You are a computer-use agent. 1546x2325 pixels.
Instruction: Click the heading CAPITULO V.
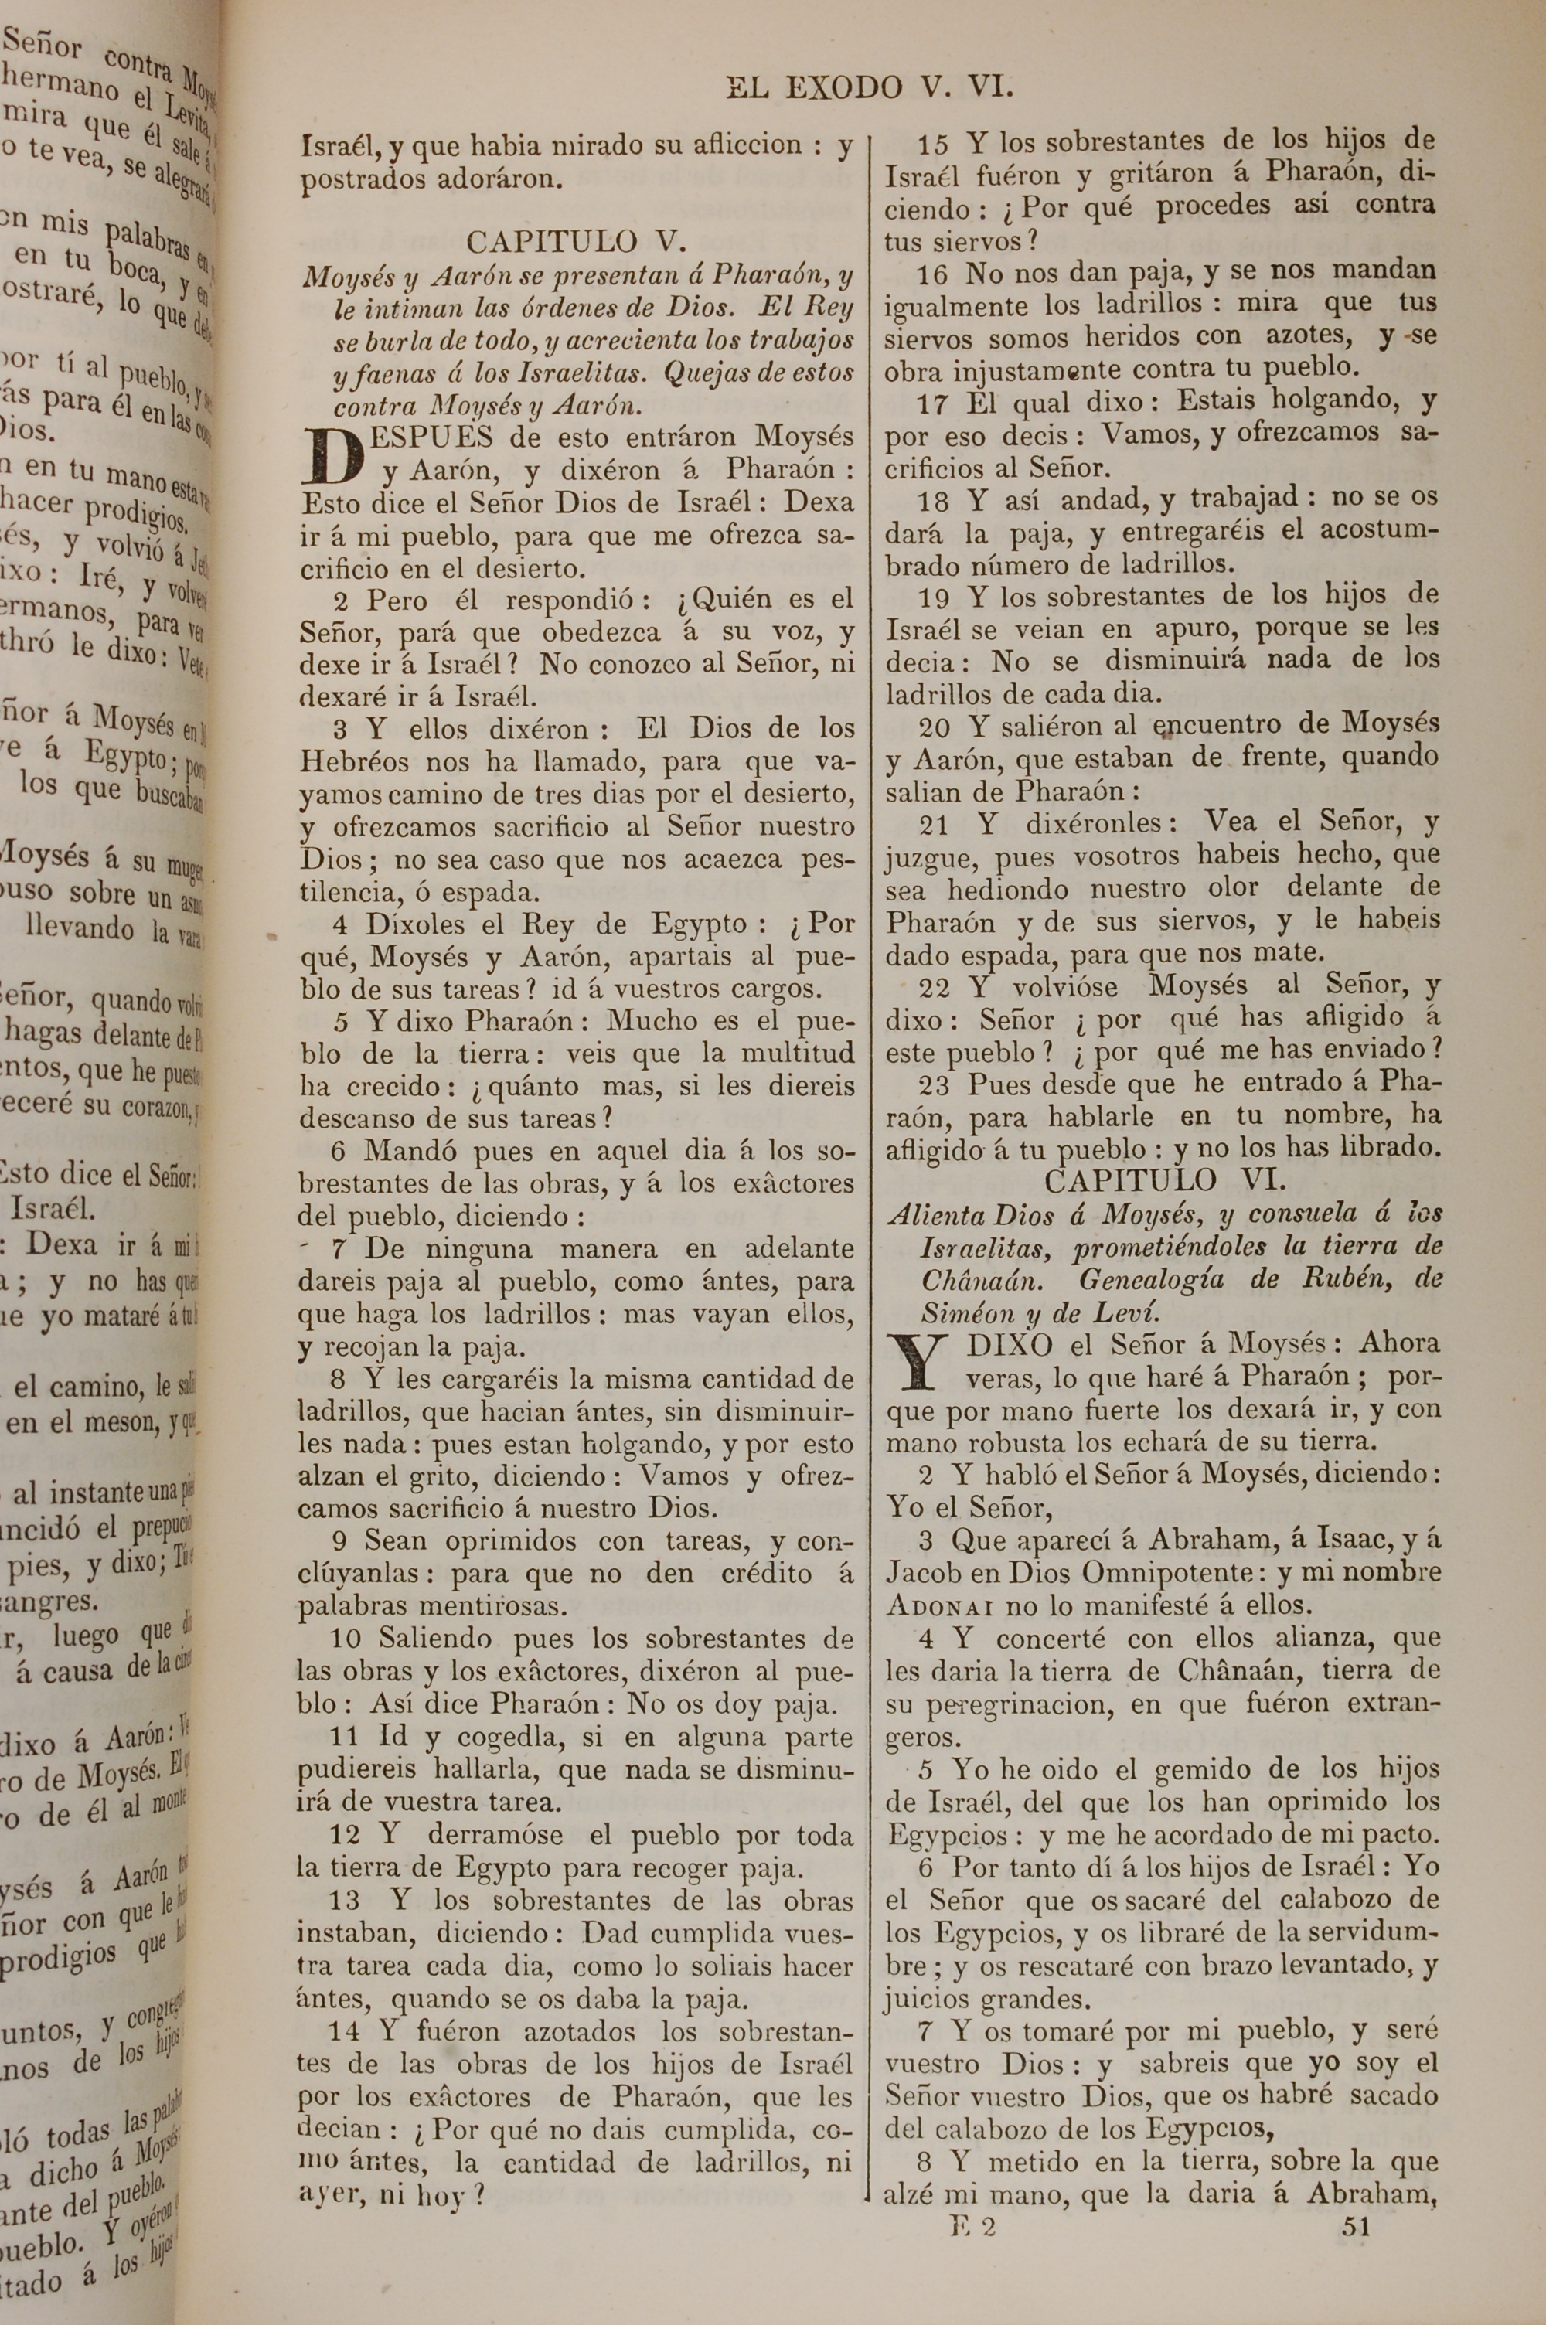pos(576,241)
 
